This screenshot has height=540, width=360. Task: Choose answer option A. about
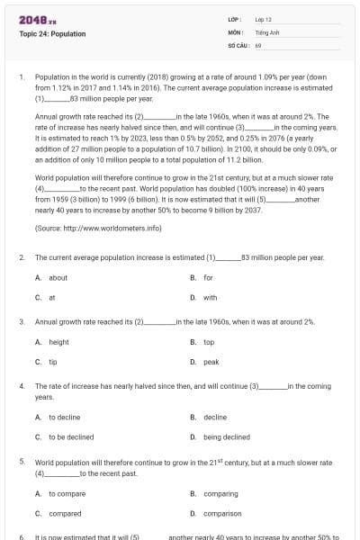coord(51,278)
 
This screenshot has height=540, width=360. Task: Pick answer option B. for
coord(202,278)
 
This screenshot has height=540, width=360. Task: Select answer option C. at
coord(46,297)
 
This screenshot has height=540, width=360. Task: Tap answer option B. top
coord(202,342)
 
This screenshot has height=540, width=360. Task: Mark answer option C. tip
coord(47,361)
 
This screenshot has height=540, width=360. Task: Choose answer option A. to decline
coord(58,418)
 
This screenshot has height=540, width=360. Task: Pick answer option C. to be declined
coord(64,436)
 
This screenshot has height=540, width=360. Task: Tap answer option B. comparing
coord(214,493)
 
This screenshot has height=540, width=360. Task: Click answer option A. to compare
coord(60,493)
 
